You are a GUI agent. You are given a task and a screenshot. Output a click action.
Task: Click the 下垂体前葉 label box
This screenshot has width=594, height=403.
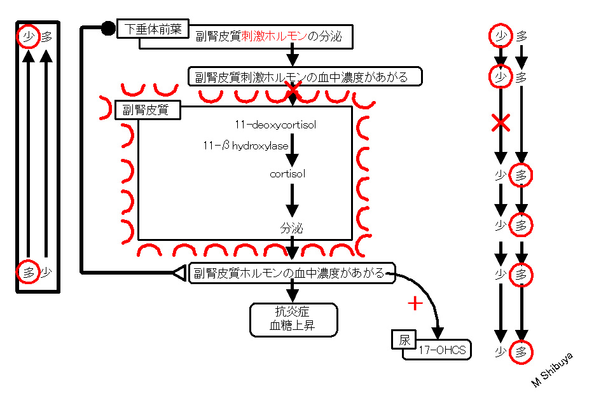[x=153, y=29]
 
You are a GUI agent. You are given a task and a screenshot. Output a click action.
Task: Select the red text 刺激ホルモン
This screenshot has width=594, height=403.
[x=274, y=36]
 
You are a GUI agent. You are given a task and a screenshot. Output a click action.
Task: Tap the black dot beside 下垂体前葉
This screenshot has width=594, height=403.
[x=108, y=28]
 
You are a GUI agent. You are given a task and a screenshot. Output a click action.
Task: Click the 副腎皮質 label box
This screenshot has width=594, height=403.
[x=148, y=110]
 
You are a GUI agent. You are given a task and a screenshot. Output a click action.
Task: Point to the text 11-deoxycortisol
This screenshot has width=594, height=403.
[x=275, y=125]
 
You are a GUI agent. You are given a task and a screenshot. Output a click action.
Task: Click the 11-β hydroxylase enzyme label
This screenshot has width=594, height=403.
[x=245, y=146]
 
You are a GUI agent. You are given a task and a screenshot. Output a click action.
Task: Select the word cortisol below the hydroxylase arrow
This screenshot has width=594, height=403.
[x=287, y=174]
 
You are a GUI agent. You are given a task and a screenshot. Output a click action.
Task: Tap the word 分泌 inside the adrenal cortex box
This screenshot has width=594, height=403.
[x=292, y=228]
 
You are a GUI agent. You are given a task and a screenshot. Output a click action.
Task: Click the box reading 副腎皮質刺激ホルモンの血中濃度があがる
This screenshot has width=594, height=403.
[x=305, y=76]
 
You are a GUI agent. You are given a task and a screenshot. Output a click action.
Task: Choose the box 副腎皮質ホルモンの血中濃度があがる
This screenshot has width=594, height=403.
[x=292, y=273]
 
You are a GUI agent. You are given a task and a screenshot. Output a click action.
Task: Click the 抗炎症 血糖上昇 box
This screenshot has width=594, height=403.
[x=293, y=320]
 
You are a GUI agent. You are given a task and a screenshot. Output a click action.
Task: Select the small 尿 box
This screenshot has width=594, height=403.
[x=404, y=339]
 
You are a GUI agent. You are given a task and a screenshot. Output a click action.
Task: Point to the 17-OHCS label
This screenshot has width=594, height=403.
[x=442, y=350]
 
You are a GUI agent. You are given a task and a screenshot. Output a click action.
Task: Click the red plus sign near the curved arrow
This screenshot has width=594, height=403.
[x=415, y=303]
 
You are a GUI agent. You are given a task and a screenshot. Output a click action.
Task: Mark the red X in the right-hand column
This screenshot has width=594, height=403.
[x=501, y=123]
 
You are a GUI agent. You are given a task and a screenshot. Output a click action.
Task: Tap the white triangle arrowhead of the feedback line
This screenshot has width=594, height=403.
[x=179, y=273]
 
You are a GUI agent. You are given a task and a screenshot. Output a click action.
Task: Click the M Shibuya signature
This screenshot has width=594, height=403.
[x=552, y=370]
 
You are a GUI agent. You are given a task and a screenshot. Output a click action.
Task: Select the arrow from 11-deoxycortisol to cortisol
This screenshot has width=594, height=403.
[x=292, y=150]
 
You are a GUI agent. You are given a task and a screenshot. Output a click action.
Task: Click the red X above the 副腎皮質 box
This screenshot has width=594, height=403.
[x=293, y=90]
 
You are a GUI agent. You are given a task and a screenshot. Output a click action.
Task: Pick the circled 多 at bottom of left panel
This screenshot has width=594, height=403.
[x=29, y=271]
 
